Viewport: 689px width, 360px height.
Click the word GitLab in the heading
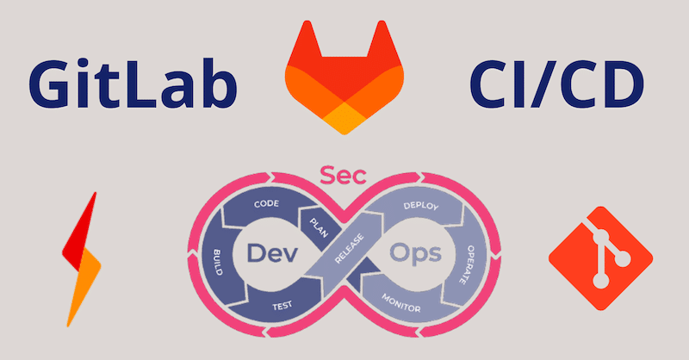133,84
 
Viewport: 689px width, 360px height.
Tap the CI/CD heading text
556,84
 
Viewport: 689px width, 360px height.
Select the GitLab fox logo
344,78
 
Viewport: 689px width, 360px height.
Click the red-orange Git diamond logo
600,258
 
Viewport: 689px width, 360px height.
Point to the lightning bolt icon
81,259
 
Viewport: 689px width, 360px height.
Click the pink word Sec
343,175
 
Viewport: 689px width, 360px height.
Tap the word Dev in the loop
272,253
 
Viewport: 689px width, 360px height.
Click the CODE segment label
266,203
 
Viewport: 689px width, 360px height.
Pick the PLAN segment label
319,227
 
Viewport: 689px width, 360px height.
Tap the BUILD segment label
218,263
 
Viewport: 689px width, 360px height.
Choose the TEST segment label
282,306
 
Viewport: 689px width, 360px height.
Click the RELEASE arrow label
350,249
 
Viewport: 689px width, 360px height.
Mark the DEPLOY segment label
421,205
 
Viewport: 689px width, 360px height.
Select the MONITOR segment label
400,303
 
